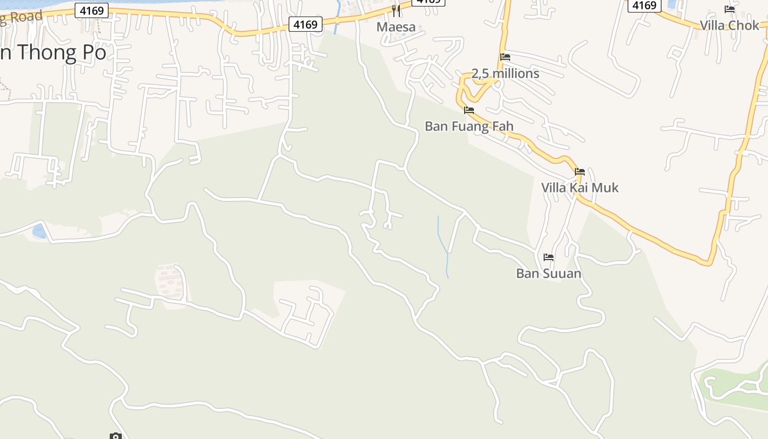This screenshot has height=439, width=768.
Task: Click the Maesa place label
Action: [x=396, y=27]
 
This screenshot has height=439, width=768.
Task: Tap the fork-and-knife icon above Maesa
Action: [x=396, y=10]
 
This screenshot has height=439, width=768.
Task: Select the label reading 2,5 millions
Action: [x=505, y=74]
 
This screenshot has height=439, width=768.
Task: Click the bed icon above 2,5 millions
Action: [x=505, y=57]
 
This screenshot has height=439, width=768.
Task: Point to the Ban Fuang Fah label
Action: [x=469, y=126]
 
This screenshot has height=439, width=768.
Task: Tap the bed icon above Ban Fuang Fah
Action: [x=469, y=110]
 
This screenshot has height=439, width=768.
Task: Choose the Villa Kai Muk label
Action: [x=580, y=188]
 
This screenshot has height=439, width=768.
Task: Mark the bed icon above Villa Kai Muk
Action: [x=580, y=172]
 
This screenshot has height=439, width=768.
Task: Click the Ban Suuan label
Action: [x=549, y=273]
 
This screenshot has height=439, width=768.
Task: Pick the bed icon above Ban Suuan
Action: [x=549, y=257]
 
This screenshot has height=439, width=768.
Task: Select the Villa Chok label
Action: [x=729, y=25]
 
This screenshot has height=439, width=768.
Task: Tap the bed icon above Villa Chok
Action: [x=730, y=9]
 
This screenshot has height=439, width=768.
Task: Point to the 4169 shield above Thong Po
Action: [x=92, y=10]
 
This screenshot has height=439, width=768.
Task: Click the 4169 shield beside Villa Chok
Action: [x=644, y=5]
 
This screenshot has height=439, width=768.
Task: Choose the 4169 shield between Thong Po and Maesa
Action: [x=305, y=24]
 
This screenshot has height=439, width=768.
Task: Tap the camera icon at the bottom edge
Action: [x=115, y=436]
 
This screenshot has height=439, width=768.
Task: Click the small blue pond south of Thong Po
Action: [x=39, y=231]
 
